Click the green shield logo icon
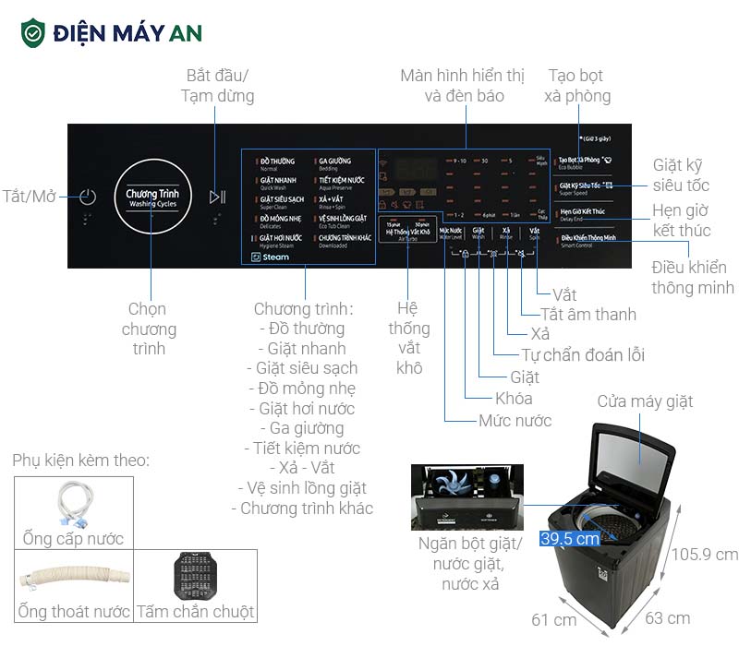tap(33, 33)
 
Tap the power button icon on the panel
tap(88, 197)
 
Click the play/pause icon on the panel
tap(217, 197)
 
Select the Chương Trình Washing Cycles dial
tap(152, 196)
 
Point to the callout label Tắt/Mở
tap(29, 196)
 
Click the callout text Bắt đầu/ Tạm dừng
tap(218, 84)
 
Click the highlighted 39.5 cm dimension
tap(571, 539)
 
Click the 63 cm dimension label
tap(666, 618)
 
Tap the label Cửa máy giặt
tap(645, 401)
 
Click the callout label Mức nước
tap(515, 421)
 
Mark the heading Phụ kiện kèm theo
tap(81, 460)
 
